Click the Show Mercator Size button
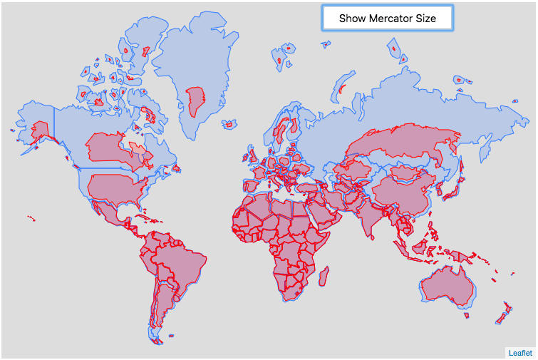point(387,19)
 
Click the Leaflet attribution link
point(519,352)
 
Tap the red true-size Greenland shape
point(194,101)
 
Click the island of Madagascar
point(324,274)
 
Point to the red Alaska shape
point(40,130)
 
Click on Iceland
point(229,125)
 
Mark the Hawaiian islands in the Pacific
point(31,217)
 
